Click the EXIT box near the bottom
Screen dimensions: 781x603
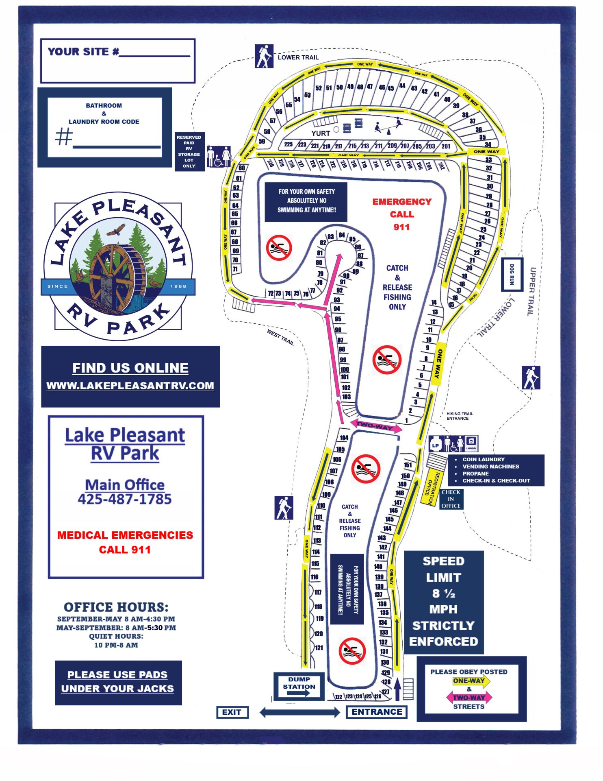click(x=232, y=712)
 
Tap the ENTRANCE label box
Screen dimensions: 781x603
click(x=377, y=712)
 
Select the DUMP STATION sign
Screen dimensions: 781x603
click(x=299, y=686)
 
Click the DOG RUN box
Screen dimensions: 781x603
click(x=512, y=274)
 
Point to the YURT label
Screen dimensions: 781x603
click(x=321, y=133)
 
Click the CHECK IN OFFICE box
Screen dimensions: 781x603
click(x=451, y=499)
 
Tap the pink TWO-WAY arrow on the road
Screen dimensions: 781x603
click(x=376, y=426)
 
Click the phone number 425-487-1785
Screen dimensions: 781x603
click(x=125, y=499)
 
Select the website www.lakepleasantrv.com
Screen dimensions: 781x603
click(x=130, y=386)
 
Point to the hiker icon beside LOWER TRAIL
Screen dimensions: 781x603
click(x=264, y=56)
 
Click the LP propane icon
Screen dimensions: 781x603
click(x=436, y=444)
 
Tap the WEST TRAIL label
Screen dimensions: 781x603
click(x=280, y=337)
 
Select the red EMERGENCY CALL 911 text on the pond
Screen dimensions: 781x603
click(x=401, y=214)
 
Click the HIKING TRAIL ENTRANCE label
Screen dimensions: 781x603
click(x=459, y=416)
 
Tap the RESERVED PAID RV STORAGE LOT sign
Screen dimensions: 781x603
click(x=189, y=151)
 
